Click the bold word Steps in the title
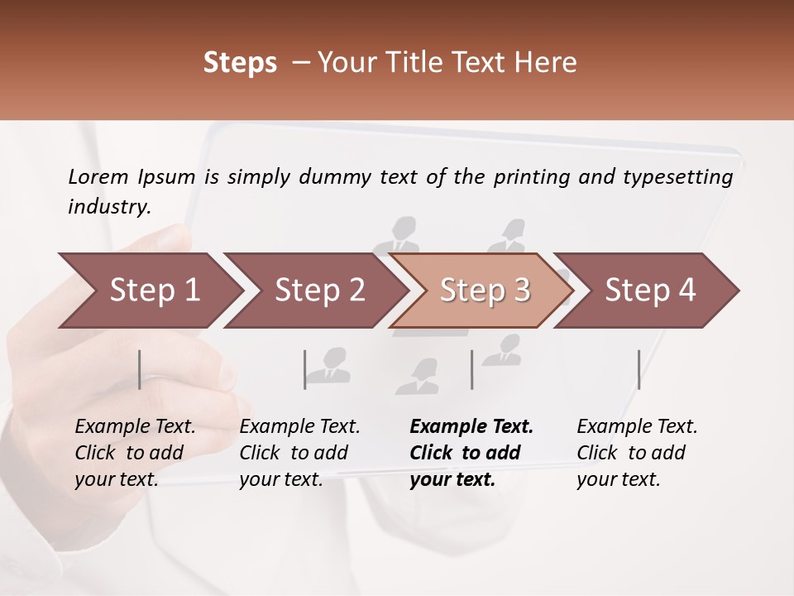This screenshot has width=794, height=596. (240, 63)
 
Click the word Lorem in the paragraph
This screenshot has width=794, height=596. (98, 177)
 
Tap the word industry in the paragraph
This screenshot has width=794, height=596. (109, 207)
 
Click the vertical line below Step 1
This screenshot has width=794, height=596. (140, 369)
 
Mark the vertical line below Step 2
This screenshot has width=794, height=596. (305, 369)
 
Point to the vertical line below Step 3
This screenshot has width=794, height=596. (471, 369)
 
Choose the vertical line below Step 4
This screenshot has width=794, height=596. (639, 369)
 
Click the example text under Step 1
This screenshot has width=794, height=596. (134, 453)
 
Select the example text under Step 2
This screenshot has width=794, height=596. (299, 453)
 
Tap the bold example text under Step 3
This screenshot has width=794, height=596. (471, 453)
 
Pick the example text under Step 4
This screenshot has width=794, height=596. (636, 453)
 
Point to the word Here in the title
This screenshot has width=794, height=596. (549, 63)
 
